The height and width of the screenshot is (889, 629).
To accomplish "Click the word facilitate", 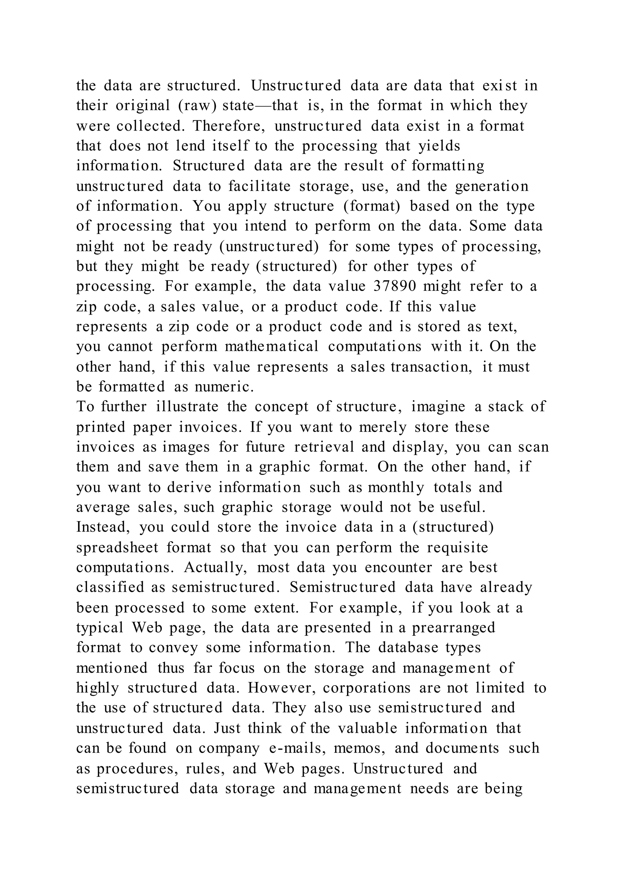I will click(259, 186).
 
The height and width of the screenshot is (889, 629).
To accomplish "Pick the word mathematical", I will click(272, 346).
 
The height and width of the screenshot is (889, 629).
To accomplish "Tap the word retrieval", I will click(324, 447).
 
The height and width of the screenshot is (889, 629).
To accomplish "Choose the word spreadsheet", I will click(117, 548).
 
